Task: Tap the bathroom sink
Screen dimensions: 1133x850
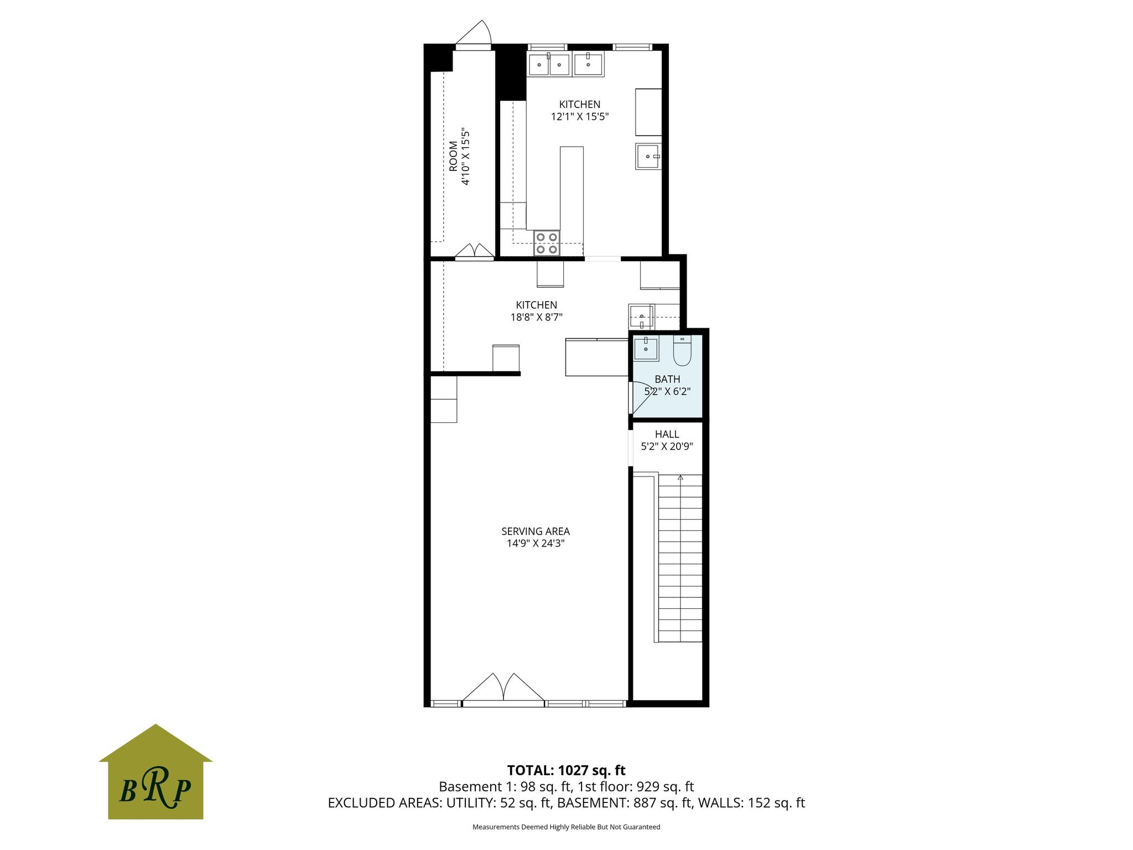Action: pos(646,349)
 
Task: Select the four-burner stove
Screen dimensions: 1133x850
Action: pos(547,243)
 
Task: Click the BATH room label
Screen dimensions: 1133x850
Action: pos(667,379)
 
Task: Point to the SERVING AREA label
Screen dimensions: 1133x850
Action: pos(536,531)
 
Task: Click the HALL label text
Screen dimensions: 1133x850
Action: pos(667,434)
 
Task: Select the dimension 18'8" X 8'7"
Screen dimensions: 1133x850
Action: pos(536,317)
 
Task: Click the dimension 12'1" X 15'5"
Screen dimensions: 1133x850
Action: pos(580,116)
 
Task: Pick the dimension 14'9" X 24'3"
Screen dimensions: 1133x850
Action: pos(536,543)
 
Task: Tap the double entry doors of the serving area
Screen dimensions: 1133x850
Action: pos(503,688)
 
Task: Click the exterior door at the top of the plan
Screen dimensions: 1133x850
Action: pos(474,33)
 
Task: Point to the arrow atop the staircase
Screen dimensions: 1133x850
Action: pos(680,477)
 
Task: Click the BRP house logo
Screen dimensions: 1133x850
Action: pos(155,771)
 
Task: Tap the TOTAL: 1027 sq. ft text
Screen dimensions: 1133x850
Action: pos(566,770)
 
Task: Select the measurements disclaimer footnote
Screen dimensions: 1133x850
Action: pos(566,827)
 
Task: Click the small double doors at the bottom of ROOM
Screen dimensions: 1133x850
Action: pos(475,251)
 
